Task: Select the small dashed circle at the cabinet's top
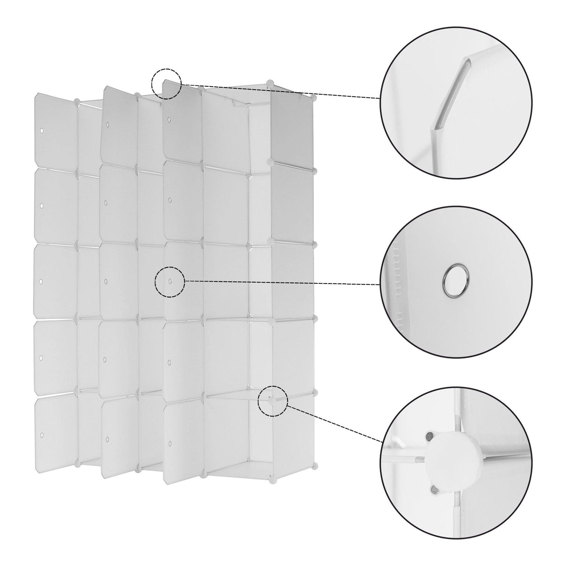(x=166, y=84)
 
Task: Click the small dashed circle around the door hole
(x=170, y=282)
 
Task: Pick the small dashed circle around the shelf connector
(x=273, y=401)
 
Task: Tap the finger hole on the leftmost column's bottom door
(x=41, y=433)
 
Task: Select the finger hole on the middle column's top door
(x=108, y=125)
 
